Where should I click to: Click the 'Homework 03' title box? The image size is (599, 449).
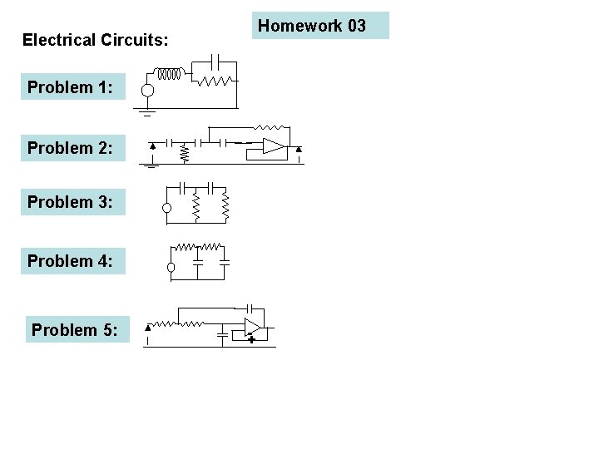pos(319,26)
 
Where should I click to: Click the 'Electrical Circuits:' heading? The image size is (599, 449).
pos(95,39)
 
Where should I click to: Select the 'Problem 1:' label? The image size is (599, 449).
pos(71,86)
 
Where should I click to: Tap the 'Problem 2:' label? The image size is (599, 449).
pos(71,148)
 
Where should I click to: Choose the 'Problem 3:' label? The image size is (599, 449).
pos(71,201)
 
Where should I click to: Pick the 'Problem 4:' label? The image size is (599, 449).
pos(71,261)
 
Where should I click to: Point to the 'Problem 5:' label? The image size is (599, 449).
pos(76,330)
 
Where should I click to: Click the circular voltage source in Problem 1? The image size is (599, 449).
pos(147,90)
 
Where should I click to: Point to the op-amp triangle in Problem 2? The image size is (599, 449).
pos(274,146)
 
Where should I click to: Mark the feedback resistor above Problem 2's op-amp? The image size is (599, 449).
pos(268,128)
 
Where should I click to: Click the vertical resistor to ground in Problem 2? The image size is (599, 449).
pos(186,153)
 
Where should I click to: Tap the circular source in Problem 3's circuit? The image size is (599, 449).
pos(167,208)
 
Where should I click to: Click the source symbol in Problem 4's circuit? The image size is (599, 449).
pos(171,268)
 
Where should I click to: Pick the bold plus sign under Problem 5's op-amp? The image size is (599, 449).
pos(250,339)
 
